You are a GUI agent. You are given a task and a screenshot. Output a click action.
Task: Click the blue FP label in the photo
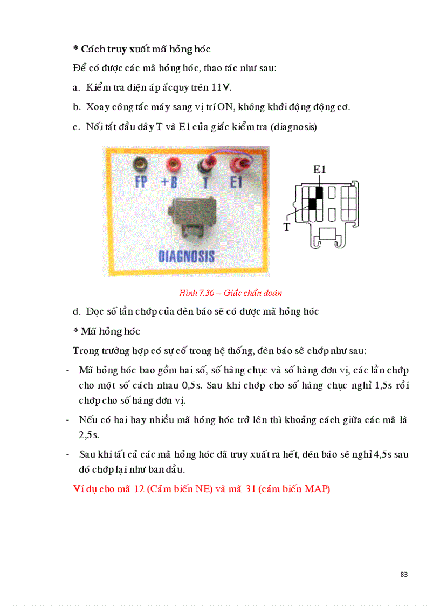(x=141, y=182)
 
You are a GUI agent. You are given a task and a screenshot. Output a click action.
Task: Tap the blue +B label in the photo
(x=169, y=182)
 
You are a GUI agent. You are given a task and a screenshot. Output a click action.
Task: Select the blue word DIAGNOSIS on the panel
(x=187, y=256)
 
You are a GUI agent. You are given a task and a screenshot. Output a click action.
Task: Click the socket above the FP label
(x=142, y=162)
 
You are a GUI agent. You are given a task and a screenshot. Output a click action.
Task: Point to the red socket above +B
(x=174, y=162)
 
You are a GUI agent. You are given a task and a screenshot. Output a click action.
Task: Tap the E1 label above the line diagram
(x=320, y=169)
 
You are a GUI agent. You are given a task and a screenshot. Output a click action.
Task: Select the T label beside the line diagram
(x=287, y=227)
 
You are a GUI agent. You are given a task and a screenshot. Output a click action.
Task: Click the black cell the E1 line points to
(x=319, y=192)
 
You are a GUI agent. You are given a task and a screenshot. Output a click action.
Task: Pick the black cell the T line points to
(x=312, y=203)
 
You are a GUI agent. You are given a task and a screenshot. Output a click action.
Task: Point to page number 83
(x=404, y=574)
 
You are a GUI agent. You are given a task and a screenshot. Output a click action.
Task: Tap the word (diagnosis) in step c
(x=294, y=127)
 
